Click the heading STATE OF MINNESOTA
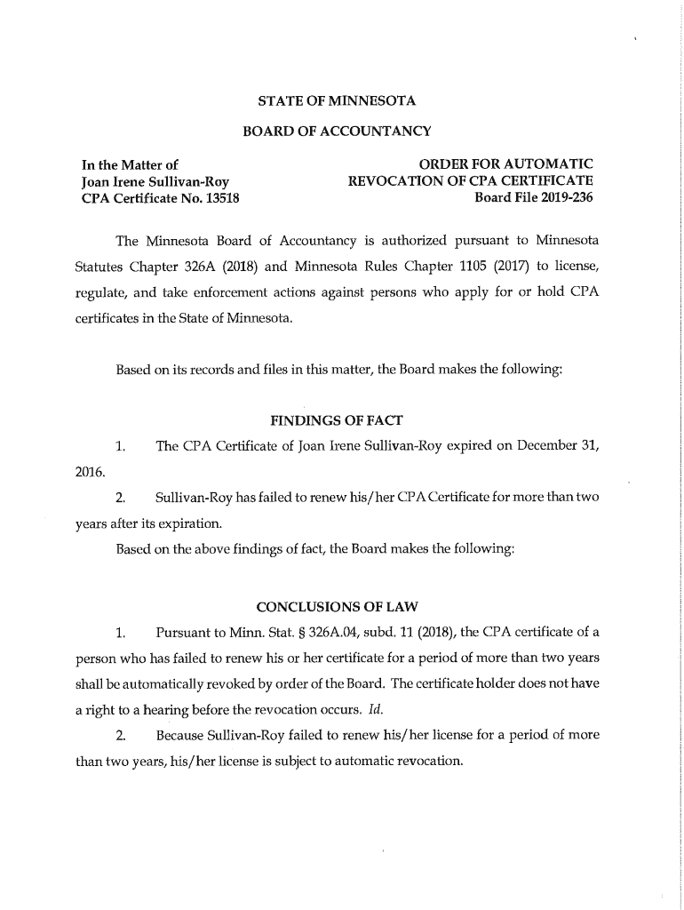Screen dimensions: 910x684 337,100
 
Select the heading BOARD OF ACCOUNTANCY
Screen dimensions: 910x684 337,132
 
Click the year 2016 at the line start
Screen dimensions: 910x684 88,470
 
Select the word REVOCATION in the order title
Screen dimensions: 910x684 392,180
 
